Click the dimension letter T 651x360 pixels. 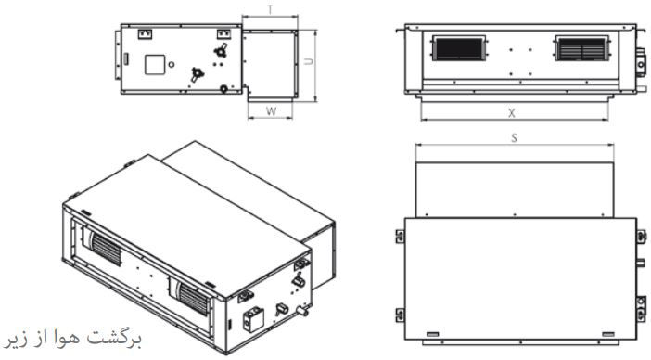coord(271,10)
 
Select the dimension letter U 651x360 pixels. coord(309,61)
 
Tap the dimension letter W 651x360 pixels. coord(271,111)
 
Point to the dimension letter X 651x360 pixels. coord(512,113)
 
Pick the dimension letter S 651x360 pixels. coord(515,138)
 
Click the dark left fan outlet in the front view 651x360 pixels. coord(459,48)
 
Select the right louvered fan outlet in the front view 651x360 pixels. coord(582,48)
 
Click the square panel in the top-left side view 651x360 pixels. coord(155,65)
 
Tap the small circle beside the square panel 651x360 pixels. coord(171,65)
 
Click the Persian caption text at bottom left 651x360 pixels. coord(73,339)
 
